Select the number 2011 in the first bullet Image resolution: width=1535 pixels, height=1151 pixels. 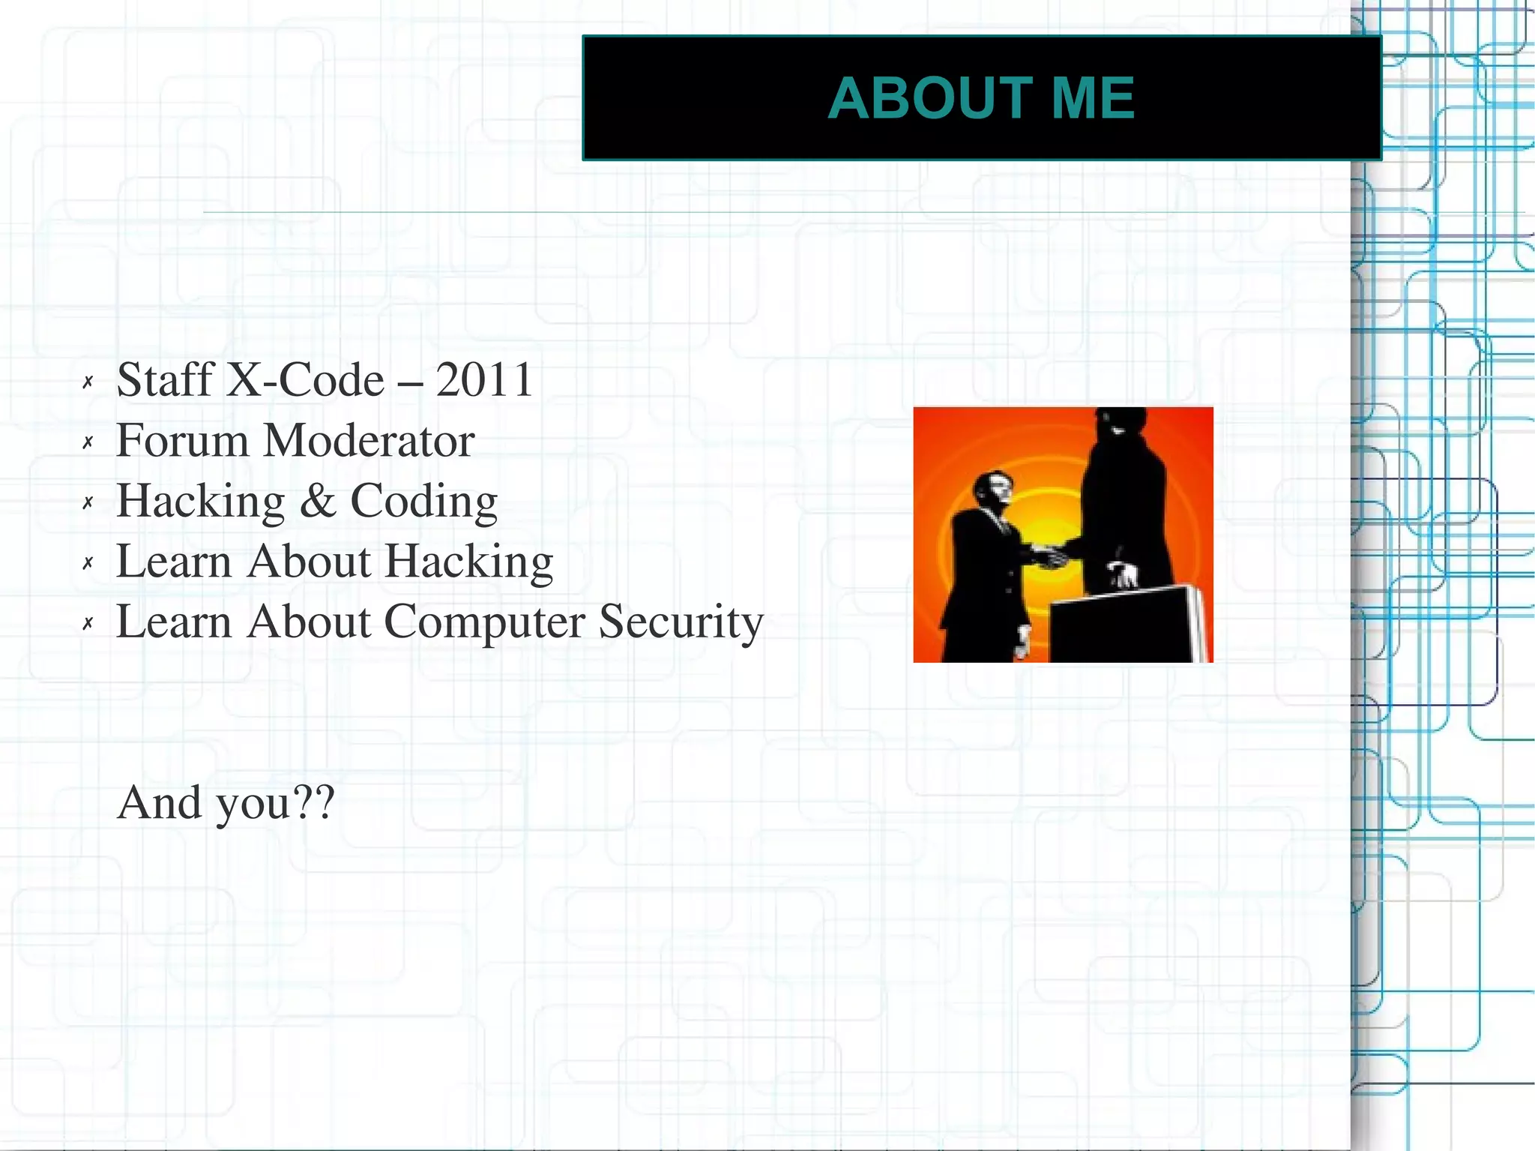[x=484, y=379]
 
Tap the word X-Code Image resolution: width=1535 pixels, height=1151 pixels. [x=305, y=379]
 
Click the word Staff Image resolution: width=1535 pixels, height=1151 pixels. [x=166, y=379]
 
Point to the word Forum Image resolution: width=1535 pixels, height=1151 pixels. [x=182, y=440]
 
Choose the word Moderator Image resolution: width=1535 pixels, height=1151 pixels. [x=370, y=440]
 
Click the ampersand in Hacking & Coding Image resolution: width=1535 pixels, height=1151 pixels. [x=318, y=501]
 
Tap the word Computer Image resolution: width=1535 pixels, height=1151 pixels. [x=484, y=622]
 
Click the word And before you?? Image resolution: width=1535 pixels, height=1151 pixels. [x=160, y=802]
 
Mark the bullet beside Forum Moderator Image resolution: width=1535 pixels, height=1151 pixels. [x=88, y=442]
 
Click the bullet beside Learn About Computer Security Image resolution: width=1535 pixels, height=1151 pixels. [x=88, y=623]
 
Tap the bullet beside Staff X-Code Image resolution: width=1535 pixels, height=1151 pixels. [x=88, y=382]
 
